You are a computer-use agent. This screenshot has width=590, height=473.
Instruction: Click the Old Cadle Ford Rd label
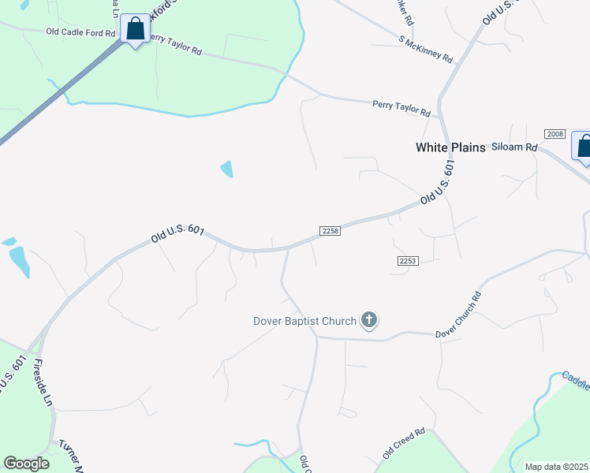click(x=80, y=32)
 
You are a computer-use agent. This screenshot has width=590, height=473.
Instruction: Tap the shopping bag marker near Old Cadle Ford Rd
click(x=136, y=29)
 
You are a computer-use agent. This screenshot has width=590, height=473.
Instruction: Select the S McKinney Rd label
click(x=426, y=50)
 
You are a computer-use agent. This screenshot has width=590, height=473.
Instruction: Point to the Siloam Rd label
click(x=514, y=147)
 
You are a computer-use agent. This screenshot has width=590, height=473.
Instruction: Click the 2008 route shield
click(x=555, y=134)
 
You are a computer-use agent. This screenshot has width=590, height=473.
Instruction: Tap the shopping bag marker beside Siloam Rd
click(x=584, y=146)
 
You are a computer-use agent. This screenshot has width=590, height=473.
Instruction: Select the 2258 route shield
click(x=330, y=230)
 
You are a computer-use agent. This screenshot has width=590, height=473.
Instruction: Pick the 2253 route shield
click(x=407, y=260)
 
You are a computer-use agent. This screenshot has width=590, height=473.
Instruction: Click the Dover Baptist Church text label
click(x=304, y=321)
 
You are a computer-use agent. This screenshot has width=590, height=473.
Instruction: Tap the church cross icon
click(x=368, y=320)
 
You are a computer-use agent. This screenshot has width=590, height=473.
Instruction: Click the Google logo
click(x=27, y=464)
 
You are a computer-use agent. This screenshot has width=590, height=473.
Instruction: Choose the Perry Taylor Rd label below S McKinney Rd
click(x=401, y=107)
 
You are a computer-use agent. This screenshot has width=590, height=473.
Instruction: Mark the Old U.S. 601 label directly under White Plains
click(x=439, y=183)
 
